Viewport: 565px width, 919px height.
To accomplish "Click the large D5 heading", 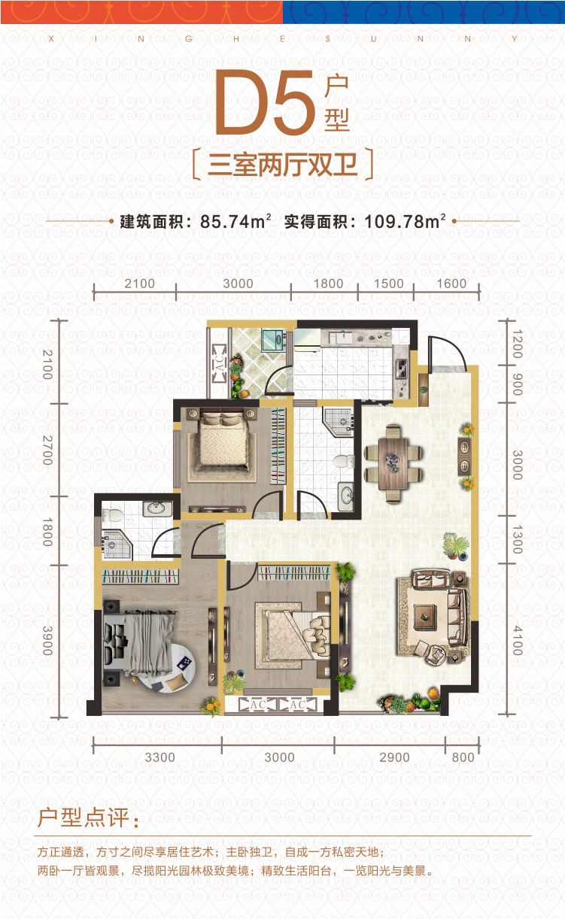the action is (265, 102).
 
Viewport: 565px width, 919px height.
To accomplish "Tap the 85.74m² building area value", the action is (235, 222).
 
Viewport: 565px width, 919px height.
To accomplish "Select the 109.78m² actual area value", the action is (405, 222).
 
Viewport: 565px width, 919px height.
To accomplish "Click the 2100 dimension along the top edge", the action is (139, 284).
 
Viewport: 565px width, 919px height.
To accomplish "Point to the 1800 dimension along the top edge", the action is (328, 284).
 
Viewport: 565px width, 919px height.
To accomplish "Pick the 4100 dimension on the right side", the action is (518, 640).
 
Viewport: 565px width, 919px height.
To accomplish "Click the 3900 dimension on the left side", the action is (47, 640).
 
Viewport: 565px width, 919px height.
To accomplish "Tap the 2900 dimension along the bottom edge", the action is (394, 757).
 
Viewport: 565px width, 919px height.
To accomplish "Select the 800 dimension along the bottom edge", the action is (463, 757).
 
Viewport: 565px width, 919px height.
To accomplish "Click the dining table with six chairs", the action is (393, 464).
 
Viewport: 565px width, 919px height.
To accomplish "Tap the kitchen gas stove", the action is (402, 369).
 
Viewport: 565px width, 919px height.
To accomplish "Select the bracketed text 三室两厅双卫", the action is (283, 165).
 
